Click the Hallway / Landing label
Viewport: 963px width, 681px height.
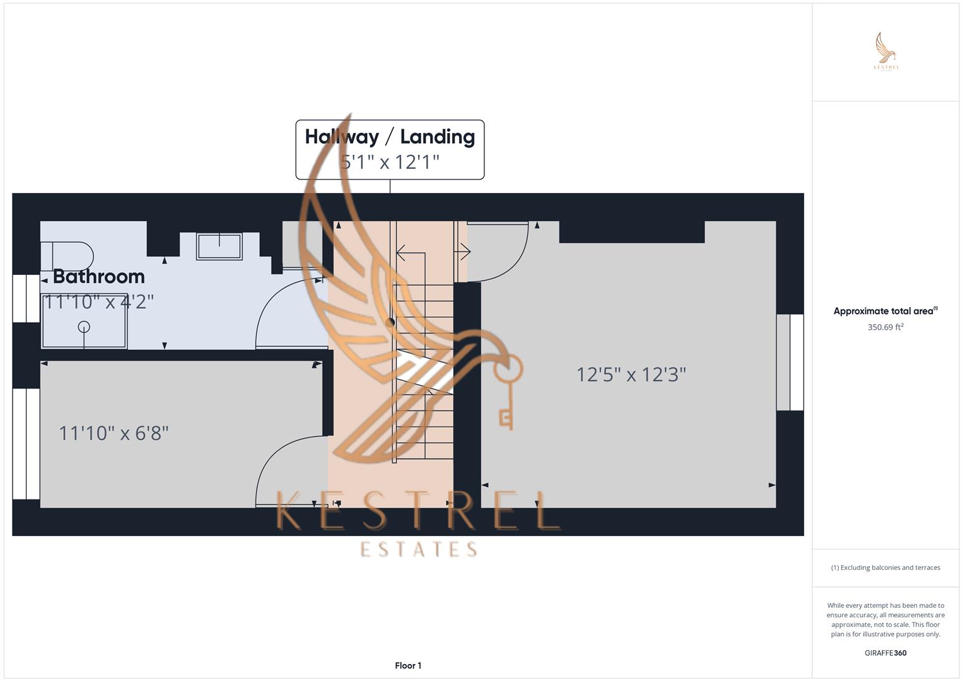tap(390, 137)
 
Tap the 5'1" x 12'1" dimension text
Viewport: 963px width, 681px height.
tap(390, 162)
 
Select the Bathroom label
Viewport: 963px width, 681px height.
tap(99, 276)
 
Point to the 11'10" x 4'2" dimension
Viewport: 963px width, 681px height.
tap(98, 302)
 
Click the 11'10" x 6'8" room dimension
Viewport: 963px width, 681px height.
tap(114, 433)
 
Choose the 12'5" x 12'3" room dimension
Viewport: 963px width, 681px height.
tap(631, 375)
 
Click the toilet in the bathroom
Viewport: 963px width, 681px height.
tap(67, 256)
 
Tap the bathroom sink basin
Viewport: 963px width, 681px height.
tap(219, 247)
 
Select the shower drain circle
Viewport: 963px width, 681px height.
tap(84, 327)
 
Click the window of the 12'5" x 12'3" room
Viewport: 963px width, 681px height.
tap(790, 362)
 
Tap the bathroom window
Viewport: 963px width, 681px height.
tap(26, 298)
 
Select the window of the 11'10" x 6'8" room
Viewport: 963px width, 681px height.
tap(26, 444)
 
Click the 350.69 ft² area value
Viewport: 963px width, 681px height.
tap(885, 327)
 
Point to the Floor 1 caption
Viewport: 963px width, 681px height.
tap(408, 665)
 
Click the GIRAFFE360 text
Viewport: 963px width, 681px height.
tap(885, 653)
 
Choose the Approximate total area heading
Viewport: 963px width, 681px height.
tap(885, 311)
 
